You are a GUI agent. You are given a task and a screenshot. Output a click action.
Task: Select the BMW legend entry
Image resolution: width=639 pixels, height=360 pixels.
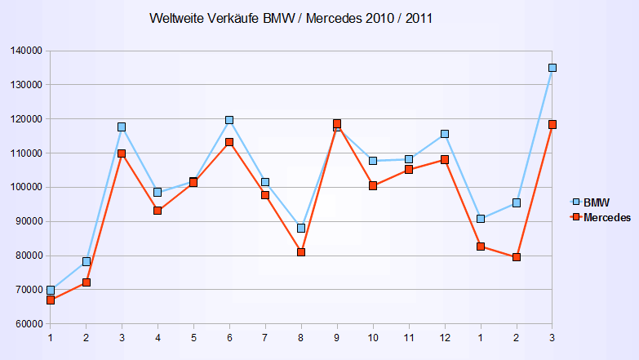point(597,202)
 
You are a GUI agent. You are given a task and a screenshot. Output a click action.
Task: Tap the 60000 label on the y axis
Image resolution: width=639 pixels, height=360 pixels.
point(28,324)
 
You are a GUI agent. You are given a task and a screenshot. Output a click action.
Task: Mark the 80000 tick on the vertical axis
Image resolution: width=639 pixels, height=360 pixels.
point(28,256)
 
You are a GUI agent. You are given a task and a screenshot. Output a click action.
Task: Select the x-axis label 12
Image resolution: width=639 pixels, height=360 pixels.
point(445,337)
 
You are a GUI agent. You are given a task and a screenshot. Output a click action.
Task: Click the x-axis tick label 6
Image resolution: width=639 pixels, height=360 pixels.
point(229,337)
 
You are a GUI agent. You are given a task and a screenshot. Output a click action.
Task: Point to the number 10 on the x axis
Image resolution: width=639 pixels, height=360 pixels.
point(373,337)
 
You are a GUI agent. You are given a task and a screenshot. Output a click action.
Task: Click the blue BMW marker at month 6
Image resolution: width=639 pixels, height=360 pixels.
point(229,120)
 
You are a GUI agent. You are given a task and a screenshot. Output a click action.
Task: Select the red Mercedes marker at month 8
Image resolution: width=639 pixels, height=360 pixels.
point(301,252)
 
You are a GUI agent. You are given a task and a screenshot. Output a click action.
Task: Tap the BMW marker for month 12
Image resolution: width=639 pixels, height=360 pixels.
point(445,134)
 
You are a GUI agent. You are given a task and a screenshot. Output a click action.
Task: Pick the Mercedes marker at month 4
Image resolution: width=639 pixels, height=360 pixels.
point(158,211)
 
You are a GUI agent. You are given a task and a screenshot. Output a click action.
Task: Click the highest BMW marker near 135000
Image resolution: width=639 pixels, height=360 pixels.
point(552,68)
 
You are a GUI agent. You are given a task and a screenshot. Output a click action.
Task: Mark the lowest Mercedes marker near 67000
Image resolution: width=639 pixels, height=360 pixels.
point(51,300)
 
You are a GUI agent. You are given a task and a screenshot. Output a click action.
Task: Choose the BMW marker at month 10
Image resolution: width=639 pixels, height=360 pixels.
point(373,161)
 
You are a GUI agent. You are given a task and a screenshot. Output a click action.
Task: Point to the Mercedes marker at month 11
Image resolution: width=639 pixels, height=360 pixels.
point(409,170)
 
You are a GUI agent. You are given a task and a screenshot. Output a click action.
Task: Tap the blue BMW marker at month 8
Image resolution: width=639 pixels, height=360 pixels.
point(301,228)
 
